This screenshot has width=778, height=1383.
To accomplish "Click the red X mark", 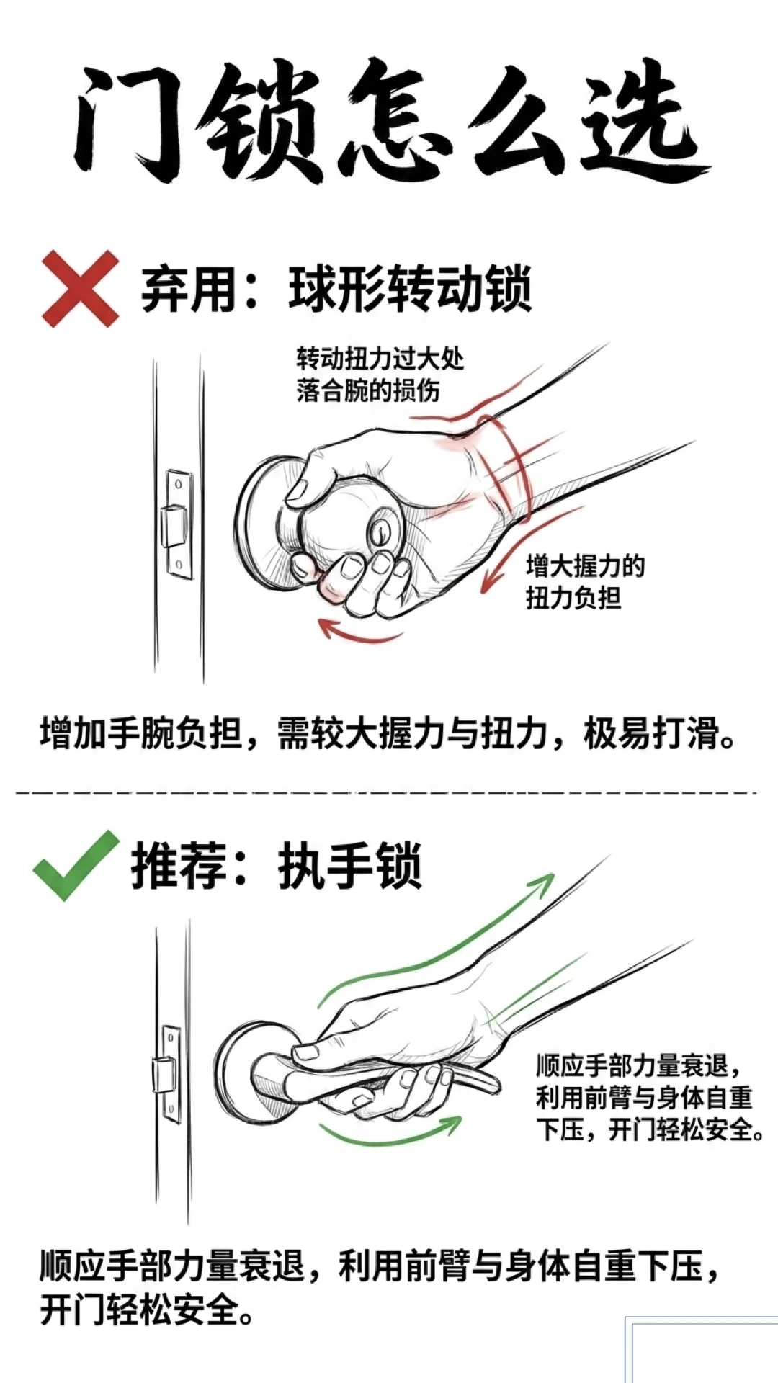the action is [80, 288].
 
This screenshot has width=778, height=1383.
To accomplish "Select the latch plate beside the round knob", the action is [179, 524].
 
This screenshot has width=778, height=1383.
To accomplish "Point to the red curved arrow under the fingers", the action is [360, 632].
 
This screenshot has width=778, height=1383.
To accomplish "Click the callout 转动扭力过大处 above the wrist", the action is [380, 359].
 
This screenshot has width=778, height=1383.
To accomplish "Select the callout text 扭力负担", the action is [573, 598].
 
